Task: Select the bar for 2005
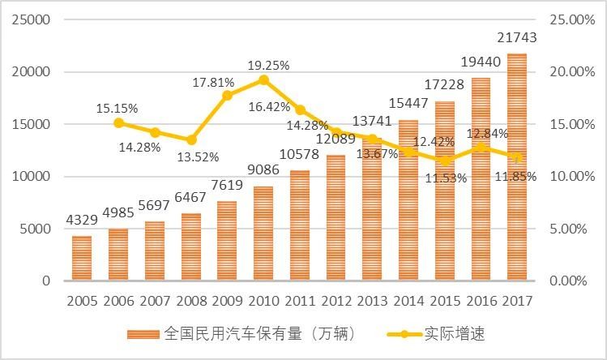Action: click(x=82, y=258)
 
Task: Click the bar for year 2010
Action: click(x=263, y=234)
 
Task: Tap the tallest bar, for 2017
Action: click(x=517, y=167)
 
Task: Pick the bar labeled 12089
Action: click(x=336, y=217)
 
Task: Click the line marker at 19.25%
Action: click(x=263, y=80)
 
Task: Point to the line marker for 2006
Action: click(x=118, y=123)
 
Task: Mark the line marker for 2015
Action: click(x=445, y=161)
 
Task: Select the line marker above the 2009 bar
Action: click(x=227, y=96)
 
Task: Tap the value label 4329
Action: click(x=82, y=221)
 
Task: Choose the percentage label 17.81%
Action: click(x=213, y=82)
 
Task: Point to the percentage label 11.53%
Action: click(x=445, y=178)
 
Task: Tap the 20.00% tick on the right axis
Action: click(x=572, y=72)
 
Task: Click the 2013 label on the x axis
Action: click(x=372, y=301)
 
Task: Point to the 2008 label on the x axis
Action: click(x=191, y=301)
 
